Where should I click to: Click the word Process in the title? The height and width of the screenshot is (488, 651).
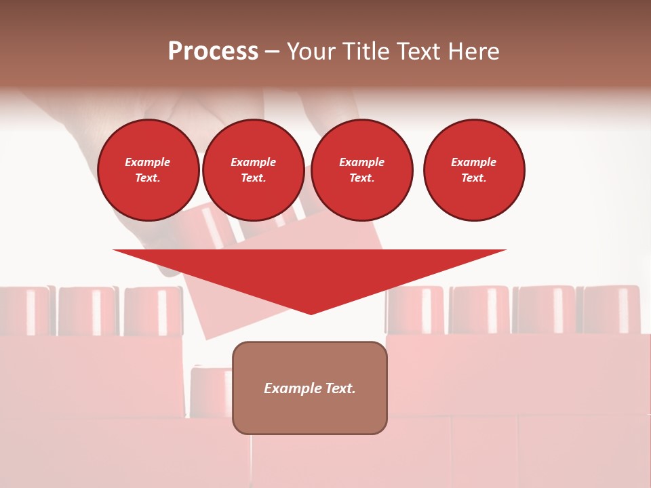(213, 52)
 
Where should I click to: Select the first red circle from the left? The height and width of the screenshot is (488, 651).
(149, 170)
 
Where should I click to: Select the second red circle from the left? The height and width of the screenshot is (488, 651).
(253, 170)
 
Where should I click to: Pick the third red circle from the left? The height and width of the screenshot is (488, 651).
(361, 170)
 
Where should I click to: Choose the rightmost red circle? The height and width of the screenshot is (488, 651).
(474, 170)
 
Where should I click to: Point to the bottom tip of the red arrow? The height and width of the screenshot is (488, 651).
(311, 313)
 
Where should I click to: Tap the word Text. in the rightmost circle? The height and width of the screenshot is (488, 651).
(473, 178)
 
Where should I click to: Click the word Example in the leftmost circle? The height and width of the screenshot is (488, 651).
(148, 162)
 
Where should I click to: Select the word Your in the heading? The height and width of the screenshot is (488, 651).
(311, 52)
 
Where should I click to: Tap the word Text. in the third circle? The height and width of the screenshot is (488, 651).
(361, 178)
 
